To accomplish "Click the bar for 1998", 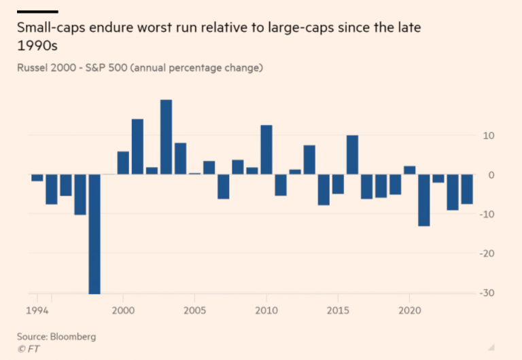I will click(x=94, y=234).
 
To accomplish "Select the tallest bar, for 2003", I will click(x=166, y=137).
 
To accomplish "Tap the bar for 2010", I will click(x=266, y=150).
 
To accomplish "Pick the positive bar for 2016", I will click(x=352, y=155).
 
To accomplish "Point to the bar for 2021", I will click(x=423, y=200).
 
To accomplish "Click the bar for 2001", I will click(x=137, y=147).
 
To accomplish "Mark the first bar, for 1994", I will click(x=37, y=178).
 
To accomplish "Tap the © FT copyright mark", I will click(x=29, y=348).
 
